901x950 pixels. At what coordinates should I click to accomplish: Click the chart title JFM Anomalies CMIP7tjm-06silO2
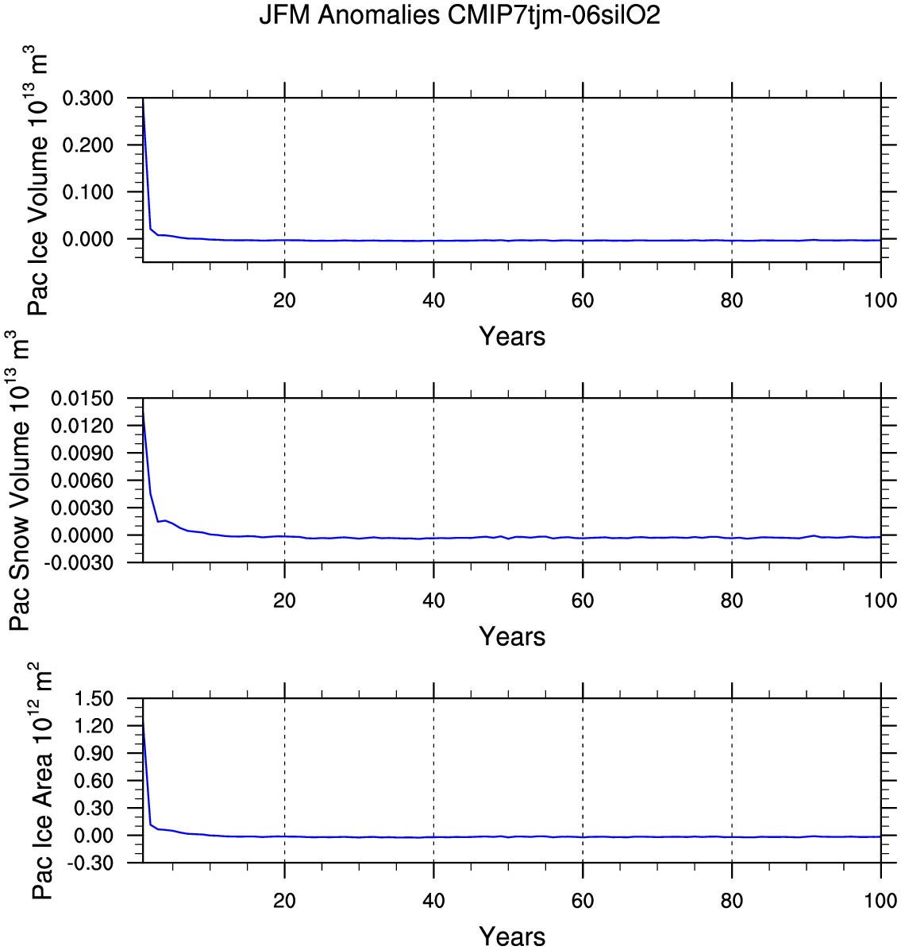[460, 15]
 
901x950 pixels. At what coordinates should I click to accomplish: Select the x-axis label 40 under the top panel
[433, 301]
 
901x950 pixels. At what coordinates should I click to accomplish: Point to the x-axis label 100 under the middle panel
[880, 601]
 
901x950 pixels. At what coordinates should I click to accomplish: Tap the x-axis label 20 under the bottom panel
[284, 902]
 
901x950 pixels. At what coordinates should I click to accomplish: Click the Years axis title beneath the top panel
[512, 337]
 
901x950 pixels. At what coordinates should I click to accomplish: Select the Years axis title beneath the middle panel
[512, 637]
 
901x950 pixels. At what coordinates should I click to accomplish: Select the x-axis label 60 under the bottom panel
[583, 902]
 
